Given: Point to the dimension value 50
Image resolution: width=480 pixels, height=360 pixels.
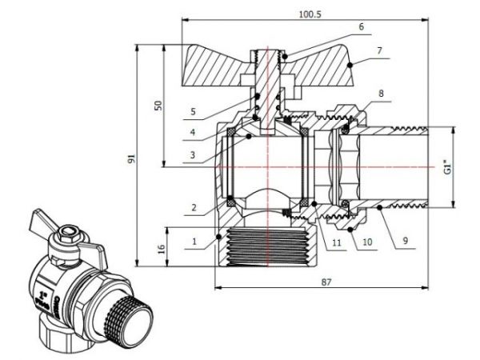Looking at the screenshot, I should pos(159,106).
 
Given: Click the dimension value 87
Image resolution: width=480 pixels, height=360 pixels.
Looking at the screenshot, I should pos(326,282).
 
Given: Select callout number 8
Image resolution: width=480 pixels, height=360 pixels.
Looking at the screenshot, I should pos(381,94).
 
